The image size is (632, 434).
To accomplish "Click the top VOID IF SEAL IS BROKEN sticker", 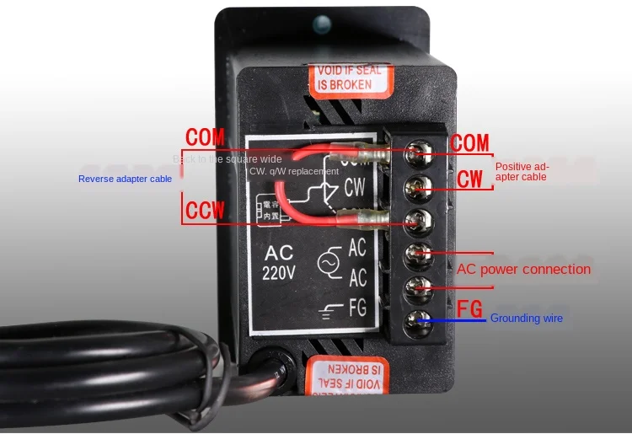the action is pos(353,77).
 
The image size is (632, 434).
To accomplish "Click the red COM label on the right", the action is pos(469,142).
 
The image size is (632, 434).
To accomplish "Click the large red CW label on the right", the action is pos(470,179).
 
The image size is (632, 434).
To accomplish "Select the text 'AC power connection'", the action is pos(523,270).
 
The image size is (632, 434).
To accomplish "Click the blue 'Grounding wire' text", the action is pos(526,319).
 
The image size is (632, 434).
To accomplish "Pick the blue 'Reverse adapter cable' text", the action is pos(125,179).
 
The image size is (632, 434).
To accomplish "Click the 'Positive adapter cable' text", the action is pos(522,172).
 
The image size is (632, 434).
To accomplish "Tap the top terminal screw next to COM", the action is pos(414,153).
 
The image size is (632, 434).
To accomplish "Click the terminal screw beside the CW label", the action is pos(414,186).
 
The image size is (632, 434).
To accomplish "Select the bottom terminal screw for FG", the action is pos(414,320).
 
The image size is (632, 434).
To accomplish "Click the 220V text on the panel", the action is pos(279,272).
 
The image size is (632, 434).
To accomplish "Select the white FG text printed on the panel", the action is pos(357,308).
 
